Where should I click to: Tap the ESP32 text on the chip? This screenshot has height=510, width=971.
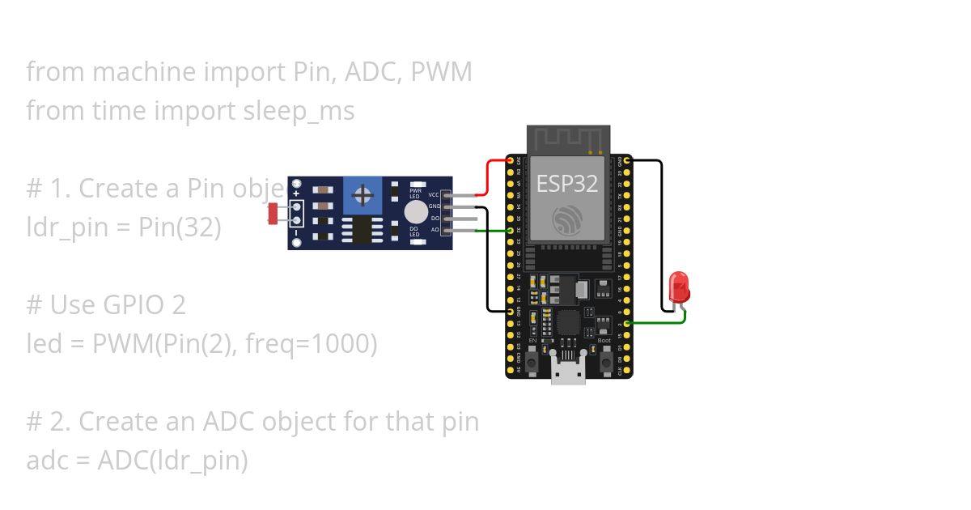567,183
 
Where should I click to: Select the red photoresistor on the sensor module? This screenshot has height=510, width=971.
273,214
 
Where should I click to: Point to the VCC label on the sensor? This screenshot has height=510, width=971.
434,195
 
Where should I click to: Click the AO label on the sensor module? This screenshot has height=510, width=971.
435,231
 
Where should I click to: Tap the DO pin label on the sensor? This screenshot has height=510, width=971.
435,219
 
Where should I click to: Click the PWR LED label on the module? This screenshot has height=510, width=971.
416,193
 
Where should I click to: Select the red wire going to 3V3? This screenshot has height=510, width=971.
488,177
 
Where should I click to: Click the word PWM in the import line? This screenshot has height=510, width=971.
441,72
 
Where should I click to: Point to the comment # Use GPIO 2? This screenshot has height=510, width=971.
106,305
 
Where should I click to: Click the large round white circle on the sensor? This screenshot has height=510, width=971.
415,212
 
